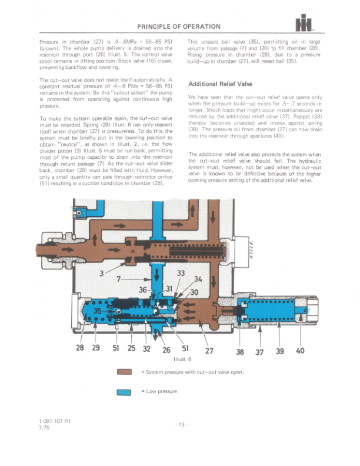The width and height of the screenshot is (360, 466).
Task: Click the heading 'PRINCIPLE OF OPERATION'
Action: [179, 26]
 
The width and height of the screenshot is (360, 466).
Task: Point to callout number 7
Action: [119, 279]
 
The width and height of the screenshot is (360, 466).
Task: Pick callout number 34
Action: [198, 279]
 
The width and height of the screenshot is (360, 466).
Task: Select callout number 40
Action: [300, 351]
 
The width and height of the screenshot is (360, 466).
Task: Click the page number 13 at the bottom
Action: [182, 425]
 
